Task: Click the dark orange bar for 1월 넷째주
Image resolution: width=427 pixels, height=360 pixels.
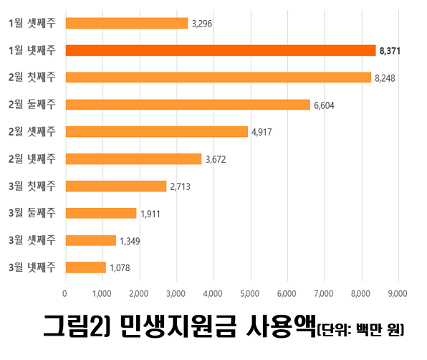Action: (x=220, y=50)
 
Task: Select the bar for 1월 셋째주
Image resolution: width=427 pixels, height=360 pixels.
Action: (x=126, y=23)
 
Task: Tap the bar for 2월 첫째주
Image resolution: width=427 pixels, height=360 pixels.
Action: (x=218, y=77)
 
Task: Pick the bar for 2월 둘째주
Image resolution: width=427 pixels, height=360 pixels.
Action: (x=188, y=105)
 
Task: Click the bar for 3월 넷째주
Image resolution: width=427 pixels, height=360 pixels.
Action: (x=85, y=267)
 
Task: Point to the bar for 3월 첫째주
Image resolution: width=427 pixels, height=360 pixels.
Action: (x=115, y=186)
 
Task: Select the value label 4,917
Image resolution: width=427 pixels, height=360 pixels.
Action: (x=263, y=132)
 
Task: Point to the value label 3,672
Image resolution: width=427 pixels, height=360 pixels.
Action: (x=216, y=159)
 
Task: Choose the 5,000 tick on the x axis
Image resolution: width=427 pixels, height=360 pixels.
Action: (x=249, y=293)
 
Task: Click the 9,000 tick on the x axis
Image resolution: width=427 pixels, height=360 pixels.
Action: (x=397, y=293)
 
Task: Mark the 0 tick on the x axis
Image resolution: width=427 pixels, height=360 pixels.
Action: (x=65, y=293)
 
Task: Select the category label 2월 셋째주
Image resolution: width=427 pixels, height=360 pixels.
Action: (x=32, y=131)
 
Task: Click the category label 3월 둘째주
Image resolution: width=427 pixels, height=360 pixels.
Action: (x=32, y=213)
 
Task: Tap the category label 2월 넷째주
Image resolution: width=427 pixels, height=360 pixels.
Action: (x=32, y=158)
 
